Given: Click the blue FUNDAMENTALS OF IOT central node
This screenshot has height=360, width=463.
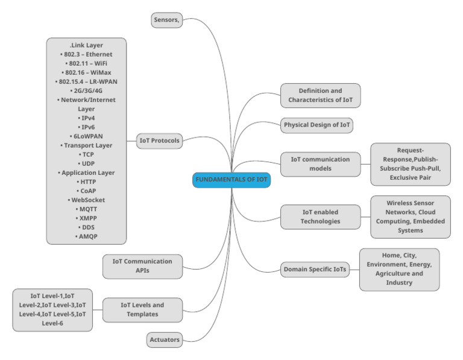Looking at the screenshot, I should click(x=231, y=180).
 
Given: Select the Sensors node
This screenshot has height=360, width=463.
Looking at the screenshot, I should click(x=166, y=21).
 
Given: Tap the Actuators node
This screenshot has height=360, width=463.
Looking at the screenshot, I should click(x=165, y=340).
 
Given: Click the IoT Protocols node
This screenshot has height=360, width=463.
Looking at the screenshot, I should click(x=159, y=141).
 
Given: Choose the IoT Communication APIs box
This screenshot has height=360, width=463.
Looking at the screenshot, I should click(x=142, y=267).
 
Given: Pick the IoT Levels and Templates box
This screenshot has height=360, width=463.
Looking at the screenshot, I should click(x=142, y=310).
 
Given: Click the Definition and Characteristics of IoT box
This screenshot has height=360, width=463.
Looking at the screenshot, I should click(x=320, y=95).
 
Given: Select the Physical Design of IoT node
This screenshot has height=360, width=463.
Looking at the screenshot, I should click(x=317, y=125).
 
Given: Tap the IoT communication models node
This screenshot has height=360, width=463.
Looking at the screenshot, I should click(x=320, y=164).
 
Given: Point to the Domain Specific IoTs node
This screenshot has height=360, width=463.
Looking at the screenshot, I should click(x=315, y=270).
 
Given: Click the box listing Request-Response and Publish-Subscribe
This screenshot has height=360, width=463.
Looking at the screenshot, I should click(x=410, y=164).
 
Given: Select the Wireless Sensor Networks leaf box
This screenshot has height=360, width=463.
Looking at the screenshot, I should click(x=410, y=216).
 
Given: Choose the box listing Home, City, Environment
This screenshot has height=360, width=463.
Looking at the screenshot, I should click(x=399, y=269).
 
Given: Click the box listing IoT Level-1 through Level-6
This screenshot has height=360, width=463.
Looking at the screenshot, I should click(x=52, y=310).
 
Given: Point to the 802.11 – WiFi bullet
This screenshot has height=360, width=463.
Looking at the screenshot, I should click(x=87, y=63).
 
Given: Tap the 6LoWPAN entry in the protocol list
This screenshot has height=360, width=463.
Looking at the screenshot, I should click(x=87, y=136).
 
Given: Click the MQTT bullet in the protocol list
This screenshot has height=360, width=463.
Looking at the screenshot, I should click(x=87, y=208).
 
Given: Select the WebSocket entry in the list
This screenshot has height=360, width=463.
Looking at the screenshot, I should click(x=87, y=199).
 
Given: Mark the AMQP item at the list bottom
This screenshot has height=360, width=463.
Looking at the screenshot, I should click(x=87, y=236).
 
